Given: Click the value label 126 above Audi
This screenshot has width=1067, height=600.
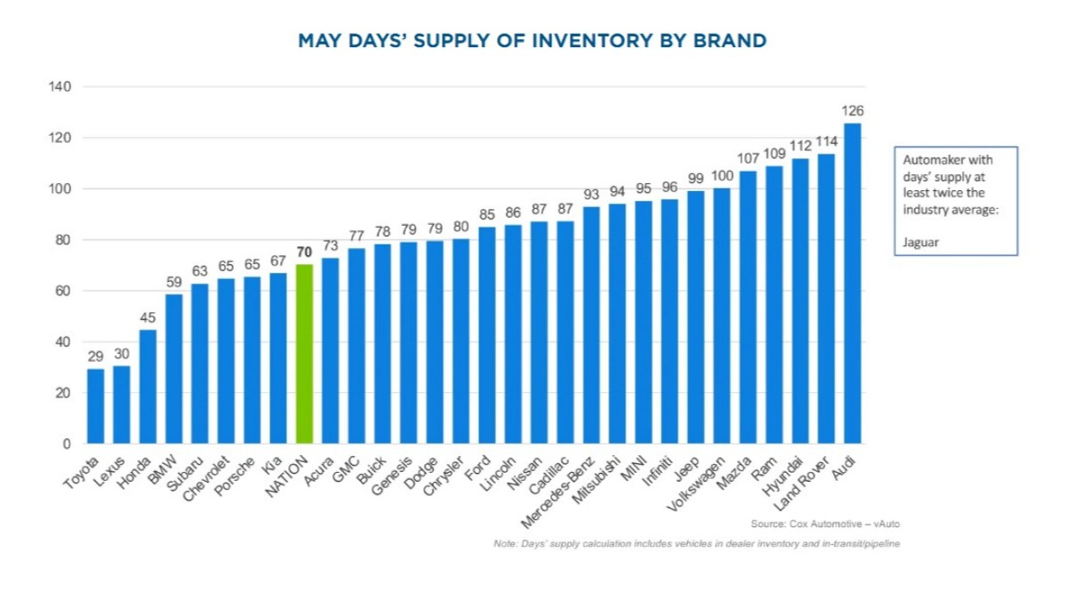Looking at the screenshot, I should pyautogui.click(x=852, y=111).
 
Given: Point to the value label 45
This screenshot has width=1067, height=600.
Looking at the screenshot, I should pyautogui.click(x=148, y=317).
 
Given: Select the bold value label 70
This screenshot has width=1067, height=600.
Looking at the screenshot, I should pyautogui.click(x=304, y=252).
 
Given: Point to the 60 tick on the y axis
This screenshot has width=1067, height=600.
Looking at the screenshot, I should pyautogui.click(x=63, y=291).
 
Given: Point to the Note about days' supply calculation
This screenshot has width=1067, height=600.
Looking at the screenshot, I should pyautogui.click(x=696, y=543).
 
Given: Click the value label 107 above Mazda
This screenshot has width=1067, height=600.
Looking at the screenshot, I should pyautogui.click(x=748, y=159).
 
